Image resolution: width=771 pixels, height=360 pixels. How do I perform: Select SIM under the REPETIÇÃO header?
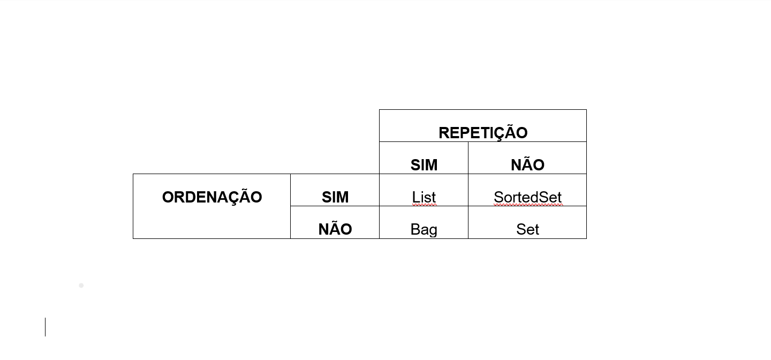click(x=424, y=164)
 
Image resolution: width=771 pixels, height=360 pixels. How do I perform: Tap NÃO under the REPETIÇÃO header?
click(x=527, y=164)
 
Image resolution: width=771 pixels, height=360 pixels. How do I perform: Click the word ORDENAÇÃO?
click(x=212, y=197)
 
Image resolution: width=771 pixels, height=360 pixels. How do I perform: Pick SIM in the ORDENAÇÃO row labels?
click(x=335, y=197)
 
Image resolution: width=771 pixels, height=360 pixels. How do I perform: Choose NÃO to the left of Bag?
click(x=335, y=229)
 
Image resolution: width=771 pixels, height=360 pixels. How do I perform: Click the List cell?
click(x=424, y=197)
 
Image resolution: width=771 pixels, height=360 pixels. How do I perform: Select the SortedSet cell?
click(x=527, y=197)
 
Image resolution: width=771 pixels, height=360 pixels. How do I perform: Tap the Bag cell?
click(x=424, y=229)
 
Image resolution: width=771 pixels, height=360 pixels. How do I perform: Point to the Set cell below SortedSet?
click(x=527, y=229)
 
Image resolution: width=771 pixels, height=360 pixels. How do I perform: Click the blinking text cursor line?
click(x=46, y=327)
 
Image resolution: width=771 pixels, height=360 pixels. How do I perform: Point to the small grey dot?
click(x=81, y=286)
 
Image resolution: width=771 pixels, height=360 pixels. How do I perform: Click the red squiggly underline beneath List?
click(x=424, y=205)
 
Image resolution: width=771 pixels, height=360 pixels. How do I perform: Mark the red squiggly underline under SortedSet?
click(x=528, y=205)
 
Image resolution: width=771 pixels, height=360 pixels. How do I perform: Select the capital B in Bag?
click(x=415, y=229)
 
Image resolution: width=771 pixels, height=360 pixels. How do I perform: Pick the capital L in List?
click(x=415, y=197)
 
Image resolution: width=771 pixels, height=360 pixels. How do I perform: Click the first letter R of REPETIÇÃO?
click(x=443, y=132)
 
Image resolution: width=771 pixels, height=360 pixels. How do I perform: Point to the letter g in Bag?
click(x=433, y=230)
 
